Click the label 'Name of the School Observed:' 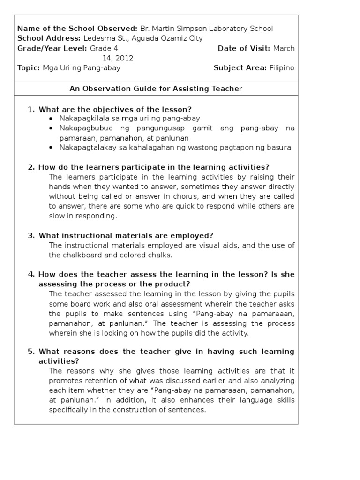pyautogui.click(x=77, y=29)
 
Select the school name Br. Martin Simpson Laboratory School pyautogui.click(x=206, y=29)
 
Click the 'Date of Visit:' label pyautogui.click(x=244, y=48)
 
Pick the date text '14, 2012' pyautogui.click(x=118, y=58)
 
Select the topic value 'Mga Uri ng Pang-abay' pyautogui.click(x=82, y=68)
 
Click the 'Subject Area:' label pyautogui.click(x=240, y=68)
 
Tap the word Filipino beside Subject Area pyautogui.click(x=282, y=68)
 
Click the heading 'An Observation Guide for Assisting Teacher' pyautogui.click(x=156, y=89)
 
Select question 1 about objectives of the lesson pyautogui.click(x=115, y=109)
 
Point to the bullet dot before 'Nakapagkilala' pyautogui.click(x=51, y=119)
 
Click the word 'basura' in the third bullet pyautogui.click(x=279, y=148)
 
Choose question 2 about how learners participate pyautogui.click(x=154, y=167)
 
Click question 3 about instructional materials pyautogui.click(x=126, y=235)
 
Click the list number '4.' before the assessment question pyautogui.click(x=31, y=275)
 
